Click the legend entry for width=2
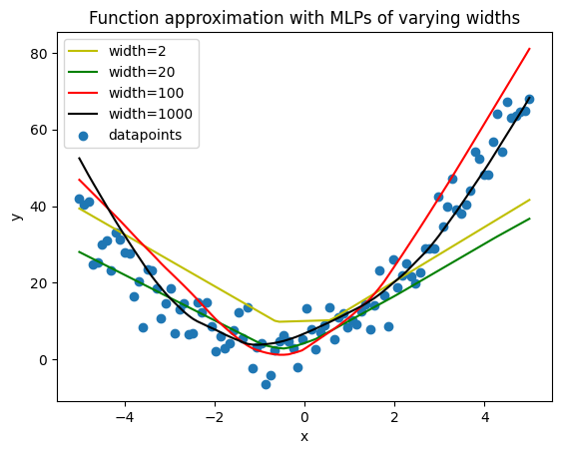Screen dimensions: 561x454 click(138, 52)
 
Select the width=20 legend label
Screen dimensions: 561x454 click(142, 72)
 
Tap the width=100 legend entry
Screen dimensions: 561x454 click(146, 93)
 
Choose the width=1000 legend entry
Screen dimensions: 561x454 click(151, 114)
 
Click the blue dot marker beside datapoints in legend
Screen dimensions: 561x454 click(83, 136)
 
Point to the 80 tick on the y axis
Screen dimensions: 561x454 click(39, 54)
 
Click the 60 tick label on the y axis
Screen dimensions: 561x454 click(39, 131)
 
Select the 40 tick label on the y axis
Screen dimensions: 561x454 click(39, 207)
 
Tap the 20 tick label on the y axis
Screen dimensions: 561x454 click(39, 283)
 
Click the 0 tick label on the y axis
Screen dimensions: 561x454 click(43, 360)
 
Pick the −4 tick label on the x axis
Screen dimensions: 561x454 click(125, 417)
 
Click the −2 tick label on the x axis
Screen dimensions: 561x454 click(215, 417)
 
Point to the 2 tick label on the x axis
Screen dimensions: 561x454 click(394, 417)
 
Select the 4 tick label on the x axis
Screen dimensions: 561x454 click(484, 417)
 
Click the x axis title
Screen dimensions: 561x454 click(304, 437)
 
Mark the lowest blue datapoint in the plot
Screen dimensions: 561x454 click(266, 384)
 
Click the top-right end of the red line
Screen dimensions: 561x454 click(529, 48)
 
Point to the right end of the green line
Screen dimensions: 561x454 click(529, 219)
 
